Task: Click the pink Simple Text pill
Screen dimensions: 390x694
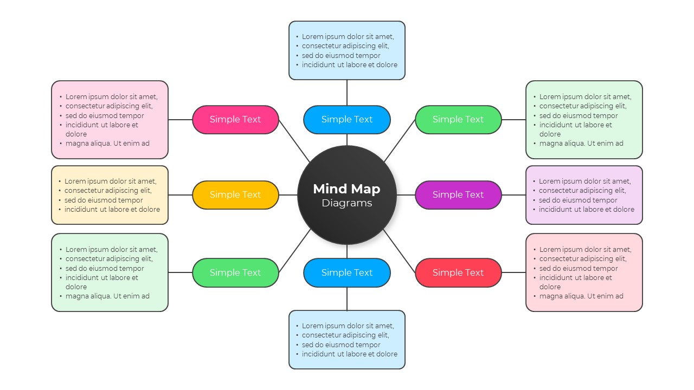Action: click(235, 120)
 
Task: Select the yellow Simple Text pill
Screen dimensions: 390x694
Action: click(235, 195)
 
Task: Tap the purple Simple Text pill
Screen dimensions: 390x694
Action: click(458, 195)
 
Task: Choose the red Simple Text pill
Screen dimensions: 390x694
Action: click(458, 272)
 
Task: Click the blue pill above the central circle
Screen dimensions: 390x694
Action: click(347, 120)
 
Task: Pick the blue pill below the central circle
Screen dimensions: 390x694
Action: click(347, 272)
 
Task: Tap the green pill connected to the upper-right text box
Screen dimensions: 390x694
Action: click(458, 120)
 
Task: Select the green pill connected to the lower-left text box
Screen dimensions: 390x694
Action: click(235, 272)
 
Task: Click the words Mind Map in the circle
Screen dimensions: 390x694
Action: click(347, 189)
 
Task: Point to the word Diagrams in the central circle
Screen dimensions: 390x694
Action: click(347, 203)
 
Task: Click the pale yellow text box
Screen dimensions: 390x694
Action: click(110, 195)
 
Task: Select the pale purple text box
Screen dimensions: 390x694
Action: click(584, 195)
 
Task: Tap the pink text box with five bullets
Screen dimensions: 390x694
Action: click(110, 120)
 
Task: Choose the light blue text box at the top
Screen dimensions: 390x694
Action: click(347, 50)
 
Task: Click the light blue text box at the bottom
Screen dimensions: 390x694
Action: click(347, 340)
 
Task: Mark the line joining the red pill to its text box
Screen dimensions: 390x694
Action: click(513, 272)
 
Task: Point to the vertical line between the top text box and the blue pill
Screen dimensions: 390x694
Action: click(347, 93)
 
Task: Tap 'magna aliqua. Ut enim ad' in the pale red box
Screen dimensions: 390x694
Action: click(581, 296)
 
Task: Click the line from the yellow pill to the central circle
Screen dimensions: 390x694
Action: click(288, 195)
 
